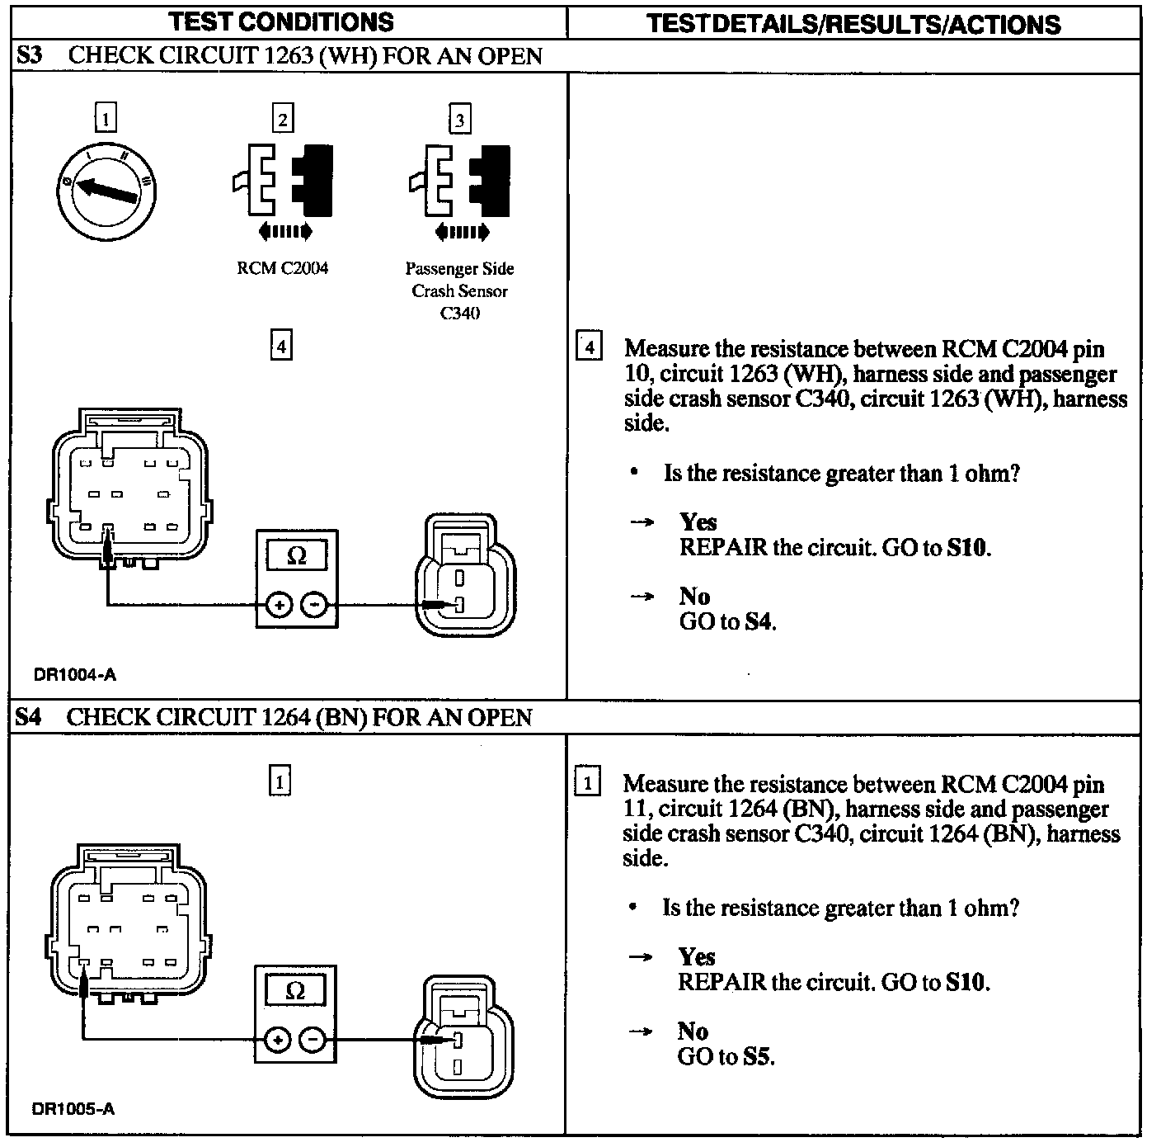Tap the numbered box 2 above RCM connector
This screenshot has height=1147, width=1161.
pos(283,120)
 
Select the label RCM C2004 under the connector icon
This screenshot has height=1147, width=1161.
pos(282,268)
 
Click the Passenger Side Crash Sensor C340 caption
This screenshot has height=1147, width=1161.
pos(459,290)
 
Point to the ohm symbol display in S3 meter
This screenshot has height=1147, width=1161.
pos(297,555)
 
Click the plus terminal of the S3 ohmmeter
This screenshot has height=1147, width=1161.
pos(280,606)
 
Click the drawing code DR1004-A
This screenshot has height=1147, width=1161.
pos(75,675)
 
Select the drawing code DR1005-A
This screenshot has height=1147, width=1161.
pos(73,1109)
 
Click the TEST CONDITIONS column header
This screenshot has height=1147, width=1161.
pos(281,22)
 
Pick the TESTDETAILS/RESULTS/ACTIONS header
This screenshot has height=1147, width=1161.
pos(853,24)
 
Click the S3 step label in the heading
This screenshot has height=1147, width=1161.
pos(30,56)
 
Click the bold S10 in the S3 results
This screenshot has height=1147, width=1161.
pos(966,547)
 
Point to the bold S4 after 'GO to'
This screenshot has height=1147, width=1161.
pos(759,621)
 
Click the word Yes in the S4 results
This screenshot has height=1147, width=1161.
pos(697,956)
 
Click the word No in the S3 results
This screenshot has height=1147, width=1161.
pos(694,596)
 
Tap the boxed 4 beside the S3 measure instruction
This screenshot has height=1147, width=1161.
pos(589,347)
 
